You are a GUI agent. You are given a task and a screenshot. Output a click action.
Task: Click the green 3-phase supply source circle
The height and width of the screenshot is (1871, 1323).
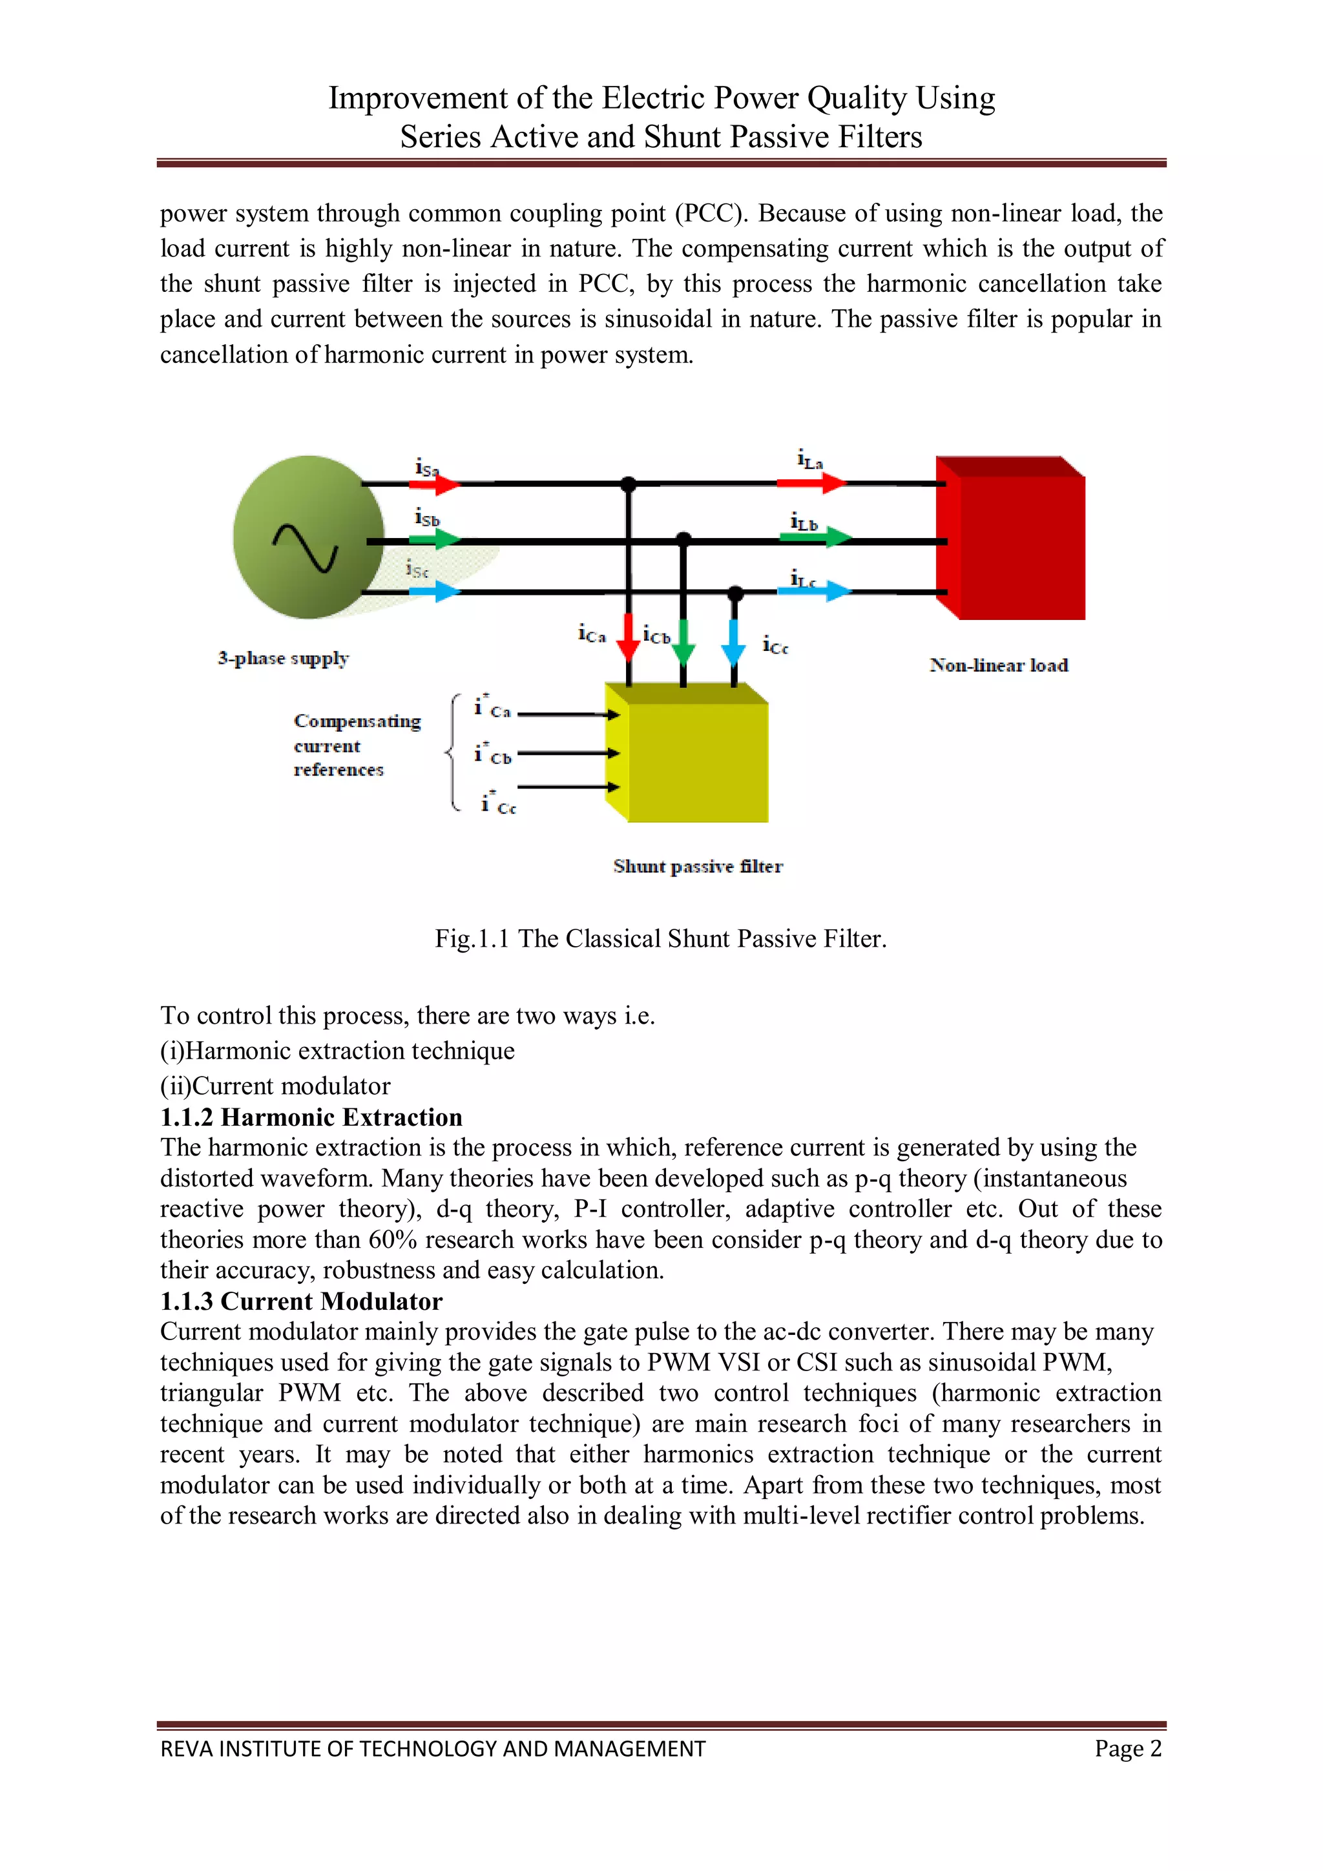click(x=308, y=537)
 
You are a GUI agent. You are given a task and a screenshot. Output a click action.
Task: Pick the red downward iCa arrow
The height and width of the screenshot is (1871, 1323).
click(x=628, y=636)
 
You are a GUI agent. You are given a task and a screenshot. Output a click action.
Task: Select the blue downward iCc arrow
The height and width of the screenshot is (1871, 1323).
click(x=734, y=642)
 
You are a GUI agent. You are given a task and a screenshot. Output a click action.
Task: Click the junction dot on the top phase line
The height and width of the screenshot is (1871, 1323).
click(x=628, y=484)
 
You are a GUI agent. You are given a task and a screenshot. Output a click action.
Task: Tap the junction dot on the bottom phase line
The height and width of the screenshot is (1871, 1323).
click(x=735, y=592)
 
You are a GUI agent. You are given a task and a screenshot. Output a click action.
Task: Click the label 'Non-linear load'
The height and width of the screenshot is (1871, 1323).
click(x=999, y=665)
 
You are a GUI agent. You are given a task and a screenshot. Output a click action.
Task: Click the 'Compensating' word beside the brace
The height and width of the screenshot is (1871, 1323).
click(x=357, y=721)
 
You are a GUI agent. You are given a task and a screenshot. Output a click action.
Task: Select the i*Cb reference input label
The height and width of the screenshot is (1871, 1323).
click(x=492, y=754)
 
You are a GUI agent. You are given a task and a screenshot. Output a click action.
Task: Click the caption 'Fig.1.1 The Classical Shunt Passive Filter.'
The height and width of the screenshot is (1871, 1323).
click(x=660, y=939)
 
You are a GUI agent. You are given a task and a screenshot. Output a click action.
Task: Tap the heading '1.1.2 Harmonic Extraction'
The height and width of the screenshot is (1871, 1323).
click(x=311, y=1117)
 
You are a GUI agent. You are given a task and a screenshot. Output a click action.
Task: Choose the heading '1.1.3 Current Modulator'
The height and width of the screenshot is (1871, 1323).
click(x=301, y=1301)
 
